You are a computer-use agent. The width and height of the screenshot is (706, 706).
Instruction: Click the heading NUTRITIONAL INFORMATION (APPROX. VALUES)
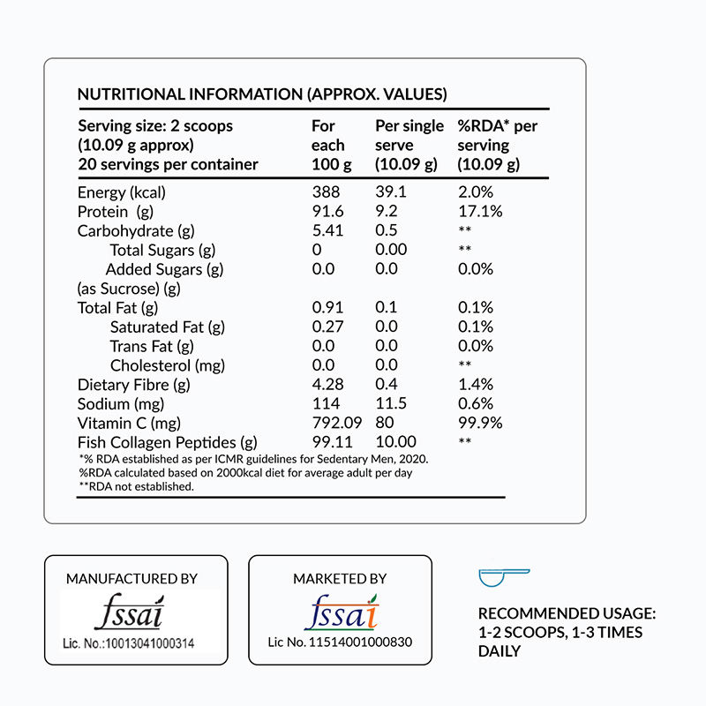tap(262, 94)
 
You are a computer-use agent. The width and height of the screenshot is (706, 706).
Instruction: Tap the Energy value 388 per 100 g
tap(327, 192)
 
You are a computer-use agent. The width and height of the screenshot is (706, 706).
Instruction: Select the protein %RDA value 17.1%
tap(480, 212)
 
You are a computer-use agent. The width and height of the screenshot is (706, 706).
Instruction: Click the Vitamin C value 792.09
tap(338, 424)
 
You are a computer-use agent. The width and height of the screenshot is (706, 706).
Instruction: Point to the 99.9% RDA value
tap(480, 424)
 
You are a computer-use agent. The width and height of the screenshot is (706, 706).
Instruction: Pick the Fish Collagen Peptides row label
tap(168, 443)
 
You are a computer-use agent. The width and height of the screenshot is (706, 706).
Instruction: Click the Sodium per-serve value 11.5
tap(391, 404)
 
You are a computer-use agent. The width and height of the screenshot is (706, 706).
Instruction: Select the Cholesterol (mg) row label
tap(168, 365)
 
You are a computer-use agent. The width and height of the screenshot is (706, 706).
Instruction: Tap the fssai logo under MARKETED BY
tap(340, 611)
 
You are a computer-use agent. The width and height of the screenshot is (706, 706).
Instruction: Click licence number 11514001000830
tap(340, 642)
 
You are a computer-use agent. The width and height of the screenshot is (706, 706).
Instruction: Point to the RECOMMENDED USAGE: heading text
tap(567, 613)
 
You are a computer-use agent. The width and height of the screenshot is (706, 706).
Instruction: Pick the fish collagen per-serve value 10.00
tap(395, 443)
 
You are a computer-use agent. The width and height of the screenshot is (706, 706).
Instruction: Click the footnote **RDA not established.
tap(137, 486)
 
